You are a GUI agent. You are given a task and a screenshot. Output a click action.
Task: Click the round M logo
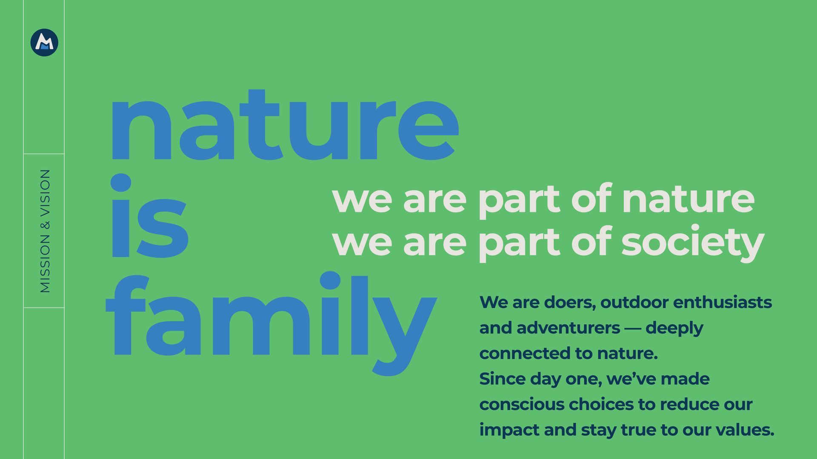pyautogui.click(x=44, y=42)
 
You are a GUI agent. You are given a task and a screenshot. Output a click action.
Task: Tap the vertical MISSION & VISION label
pyautogui.click(x=45, y=231)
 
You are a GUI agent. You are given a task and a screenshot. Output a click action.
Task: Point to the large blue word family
pyautogui.click(x=271, y=323)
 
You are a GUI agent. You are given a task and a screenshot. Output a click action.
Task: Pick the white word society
pyautogui.click(x=693, y=242)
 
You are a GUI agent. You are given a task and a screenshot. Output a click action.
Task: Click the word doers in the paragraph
pyautogui.click(x=570, y=303)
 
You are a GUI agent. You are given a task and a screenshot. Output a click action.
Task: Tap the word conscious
pyautogui.click(x=522, y=405)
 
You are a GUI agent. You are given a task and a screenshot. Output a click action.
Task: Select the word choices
pyautogui.click(x=600, y=405)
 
